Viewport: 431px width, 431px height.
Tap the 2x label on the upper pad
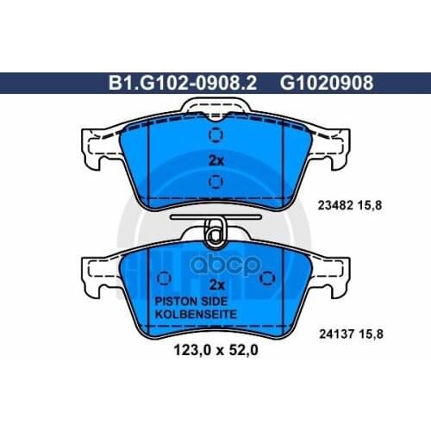(x=216, y=161)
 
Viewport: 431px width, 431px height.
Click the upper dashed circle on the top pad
(x=215, y=136)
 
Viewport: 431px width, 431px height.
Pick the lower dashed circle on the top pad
(x=215, y=182)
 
